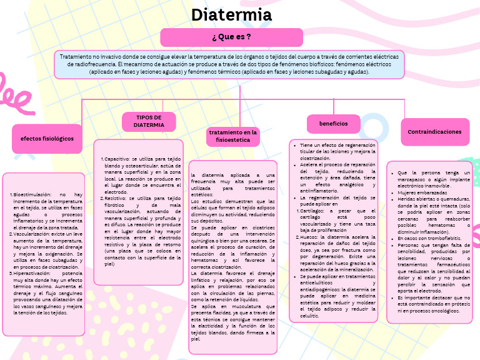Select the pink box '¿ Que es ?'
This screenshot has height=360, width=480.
(x=231, y=37)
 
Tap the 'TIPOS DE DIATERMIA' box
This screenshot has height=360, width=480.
(x=149, y=121)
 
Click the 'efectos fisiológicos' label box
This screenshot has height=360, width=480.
(x=47, y=138)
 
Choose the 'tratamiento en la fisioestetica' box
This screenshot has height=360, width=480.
(x=233, y=136)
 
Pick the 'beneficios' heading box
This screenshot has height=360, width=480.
(x=333, y=124)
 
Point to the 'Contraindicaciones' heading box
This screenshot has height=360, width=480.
(x=434, y=132)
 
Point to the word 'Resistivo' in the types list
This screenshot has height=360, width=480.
(x=116, y=198)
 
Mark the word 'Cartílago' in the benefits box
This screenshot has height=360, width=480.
(x=312, y=211)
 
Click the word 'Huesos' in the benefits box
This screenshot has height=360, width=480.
(x=308, y=237)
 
